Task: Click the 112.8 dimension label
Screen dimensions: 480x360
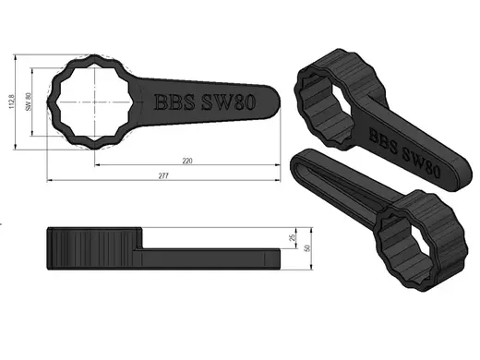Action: click(12, 102)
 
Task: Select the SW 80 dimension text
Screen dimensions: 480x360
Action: click(29, 102)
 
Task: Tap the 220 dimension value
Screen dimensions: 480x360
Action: click(187, 161)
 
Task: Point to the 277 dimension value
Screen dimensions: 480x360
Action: click(163, 176)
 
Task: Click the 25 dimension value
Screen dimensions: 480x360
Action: click(292, 237)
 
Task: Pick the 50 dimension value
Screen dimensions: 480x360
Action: click(307, 248)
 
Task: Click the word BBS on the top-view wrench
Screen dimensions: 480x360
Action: click(174, 102)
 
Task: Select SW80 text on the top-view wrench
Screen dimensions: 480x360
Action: click(229, 102)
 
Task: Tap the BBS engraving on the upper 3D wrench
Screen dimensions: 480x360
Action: click(383, 140)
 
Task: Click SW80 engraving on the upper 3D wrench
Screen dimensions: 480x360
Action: click(421, 163)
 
